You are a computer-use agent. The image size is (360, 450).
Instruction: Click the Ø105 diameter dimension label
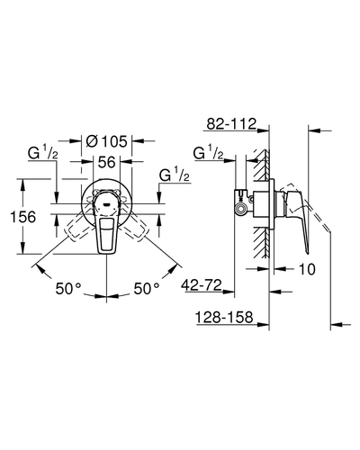(106, 141)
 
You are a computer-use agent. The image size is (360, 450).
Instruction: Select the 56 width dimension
(107, 162)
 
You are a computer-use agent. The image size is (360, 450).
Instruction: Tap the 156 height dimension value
(22, 217)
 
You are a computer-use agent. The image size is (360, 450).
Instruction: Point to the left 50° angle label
(68, 289)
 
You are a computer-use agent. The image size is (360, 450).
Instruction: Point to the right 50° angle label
(147, 289)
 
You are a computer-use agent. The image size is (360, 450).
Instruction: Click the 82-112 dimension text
(231, 123)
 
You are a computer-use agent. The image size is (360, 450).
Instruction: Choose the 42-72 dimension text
(202, 284)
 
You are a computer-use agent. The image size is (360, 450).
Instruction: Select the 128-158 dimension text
(224, 317)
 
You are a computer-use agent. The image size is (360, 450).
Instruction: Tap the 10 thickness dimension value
(307, 269)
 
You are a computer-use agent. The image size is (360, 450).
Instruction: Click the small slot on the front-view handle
(106, 205)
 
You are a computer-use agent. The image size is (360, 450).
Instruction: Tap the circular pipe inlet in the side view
(240, 210)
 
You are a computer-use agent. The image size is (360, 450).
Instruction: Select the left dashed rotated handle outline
(78, 227)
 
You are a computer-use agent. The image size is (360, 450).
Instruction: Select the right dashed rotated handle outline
(134, 227)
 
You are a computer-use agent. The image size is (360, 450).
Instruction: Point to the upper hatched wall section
(261, 165)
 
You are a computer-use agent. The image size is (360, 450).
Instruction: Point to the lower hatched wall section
(261, 243)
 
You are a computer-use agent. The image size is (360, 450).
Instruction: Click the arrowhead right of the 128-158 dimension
(263, 324)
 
